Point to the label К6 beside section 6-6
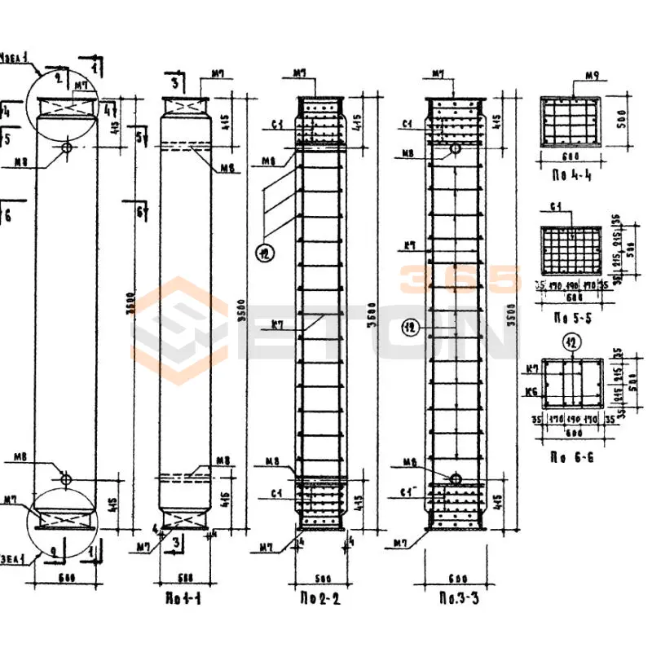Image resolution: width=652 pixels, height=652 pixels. (x=533, y=391)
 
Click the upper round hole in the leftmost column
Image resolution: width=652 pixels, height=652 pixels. (x=67, y=148)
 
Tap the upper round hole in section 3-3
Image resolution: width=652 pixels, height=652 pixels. (x=455, y=149)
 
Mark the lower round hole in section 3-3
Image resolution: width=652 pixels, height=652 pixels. (x=455, y=478)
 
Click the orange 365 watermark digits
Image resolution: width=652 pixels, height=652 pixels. (x=460, y=280)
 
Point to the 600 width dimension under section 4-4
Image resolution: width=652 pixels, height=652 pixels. (x=570, y=156)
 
